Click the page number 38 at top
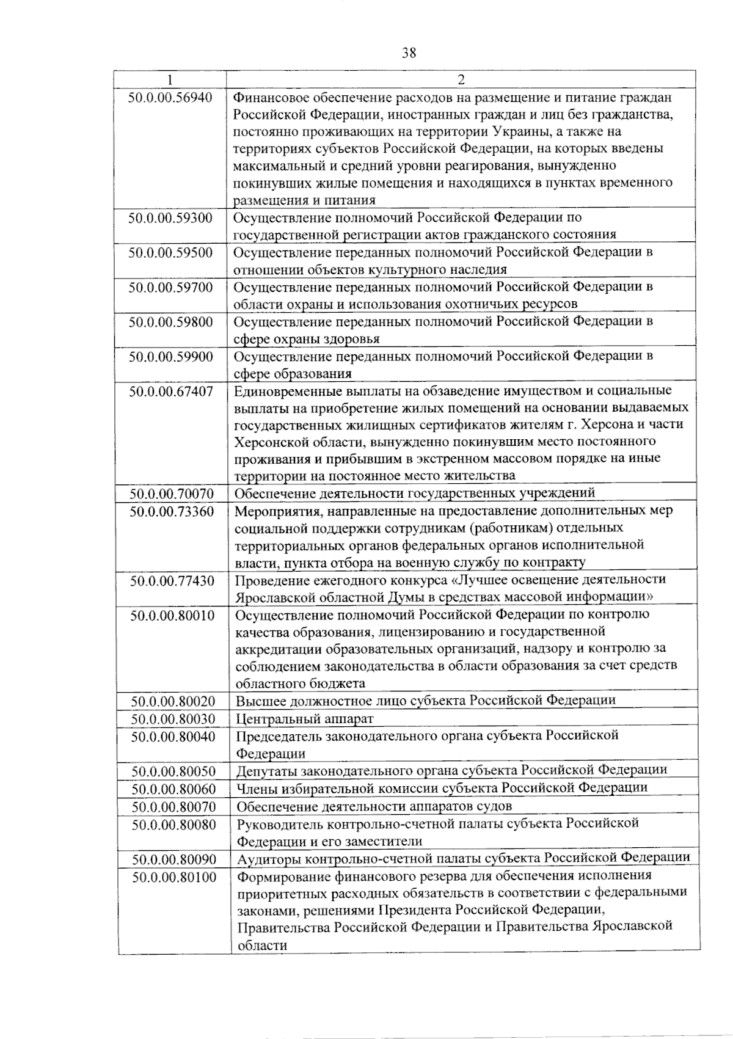click(x=409, y=53)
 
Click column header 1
click(x=170, y=79)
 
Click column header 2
click(x=461, y=79)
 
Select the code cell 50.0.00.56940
click(x=170, y=97)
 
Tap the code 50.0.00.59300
click(x=170, y=217)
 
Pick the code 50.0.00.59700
click(x=170, y=286)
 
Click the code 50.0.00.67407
click(x=171, y=391)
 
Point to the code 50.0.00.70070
click(x=171, y=493)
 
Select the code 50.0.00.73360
click(x=172, y=511)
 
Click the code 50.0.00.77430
click(x=172, y=580)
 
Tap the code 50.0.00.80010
click(x=172, y=615)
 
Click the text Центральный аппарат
click(x=304, y=719)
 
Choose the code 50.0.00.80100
click(x=174, y=877)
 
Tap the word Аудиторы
click(x=267, y=858)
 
